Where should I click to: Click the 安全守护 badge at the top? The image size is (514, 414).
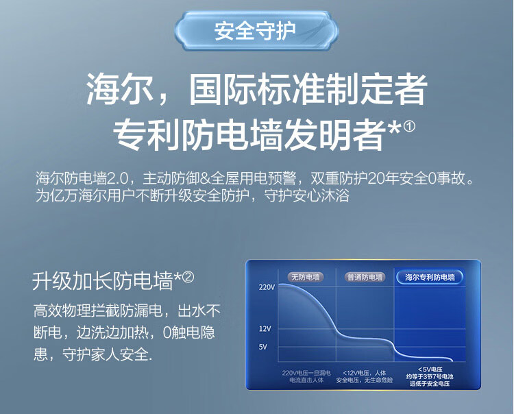[256, 31]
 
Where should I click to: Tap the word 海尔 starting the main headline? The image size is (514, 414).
[120, 89]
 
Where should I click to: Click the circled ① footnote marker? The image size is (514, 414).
[409, 126]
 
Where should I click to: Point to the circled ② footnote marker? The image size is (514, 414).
[188, 278]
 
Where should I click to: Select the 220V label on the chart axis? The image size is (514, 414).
[267, 287]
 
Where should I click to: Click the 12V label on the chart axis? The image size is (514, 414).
[265, 329]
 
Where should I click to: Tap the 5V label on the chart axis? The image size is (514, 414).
[263, 347]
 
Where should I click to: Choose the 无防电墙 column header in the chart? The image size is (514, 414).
[306, 278]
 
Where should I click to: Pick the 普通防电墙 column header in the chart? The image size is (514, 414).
[365, 278]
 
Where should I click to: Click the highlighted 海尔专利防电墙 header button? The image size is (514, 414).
[430, 278]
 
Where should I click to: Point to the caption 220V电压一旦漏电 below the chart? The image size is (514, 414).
[306, 373]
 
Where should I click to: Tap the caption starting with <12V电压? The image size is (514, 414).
[365, 376]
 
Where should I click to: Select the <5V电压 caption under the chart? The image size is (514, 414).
[430, 369]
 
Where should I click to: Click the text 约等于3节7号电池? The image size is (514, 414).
[430, 376]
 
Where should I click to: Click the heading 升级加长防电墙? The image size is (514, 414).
[102, 281]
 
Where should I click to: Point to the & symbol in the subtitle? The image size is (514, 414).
[205, 179]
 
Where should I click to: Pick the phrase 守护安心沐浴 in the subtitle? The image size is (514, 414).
[306, 196]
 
